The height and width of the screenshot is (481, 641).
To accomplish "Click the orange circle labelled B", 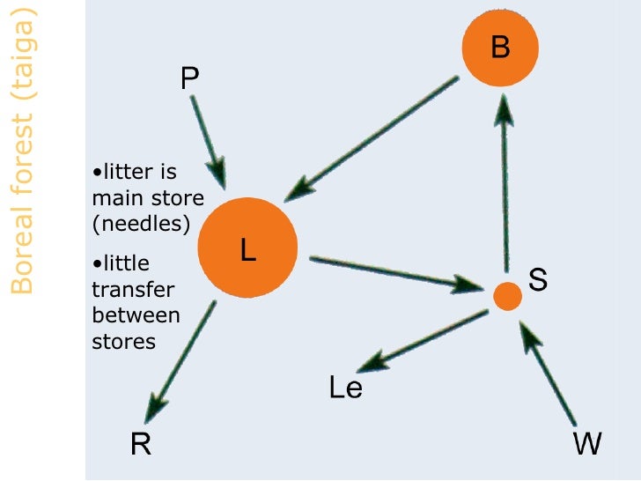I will [500, 48].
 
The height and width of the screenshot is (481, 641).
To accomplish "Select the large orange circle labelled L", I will [247, 248].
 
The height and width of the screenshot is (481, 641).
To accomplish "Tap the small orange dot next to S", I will [506, 296].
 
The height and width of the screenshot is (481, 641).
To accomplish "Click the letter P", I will [189, 80].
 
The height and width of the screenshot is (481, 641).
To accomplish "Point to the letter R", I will [141, 445].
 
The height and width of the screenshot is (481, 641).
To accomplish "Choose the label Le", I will [345, 388].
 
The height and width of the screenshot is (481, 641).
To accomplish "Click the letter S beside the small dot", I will [538, 280].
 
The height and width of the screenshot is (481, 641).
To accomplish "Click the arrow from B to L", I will [379, 137].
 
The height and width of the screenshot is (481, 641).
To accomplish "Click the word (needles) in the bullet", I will [141, 224].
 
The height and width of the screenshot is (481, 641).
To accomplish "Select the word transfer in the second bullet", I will [133, 290].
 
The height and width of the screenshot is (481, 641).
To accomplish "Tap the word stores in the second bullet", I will [123, 341].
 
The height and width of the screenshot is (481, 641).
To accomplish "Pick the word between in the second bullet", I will [136, 315].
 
